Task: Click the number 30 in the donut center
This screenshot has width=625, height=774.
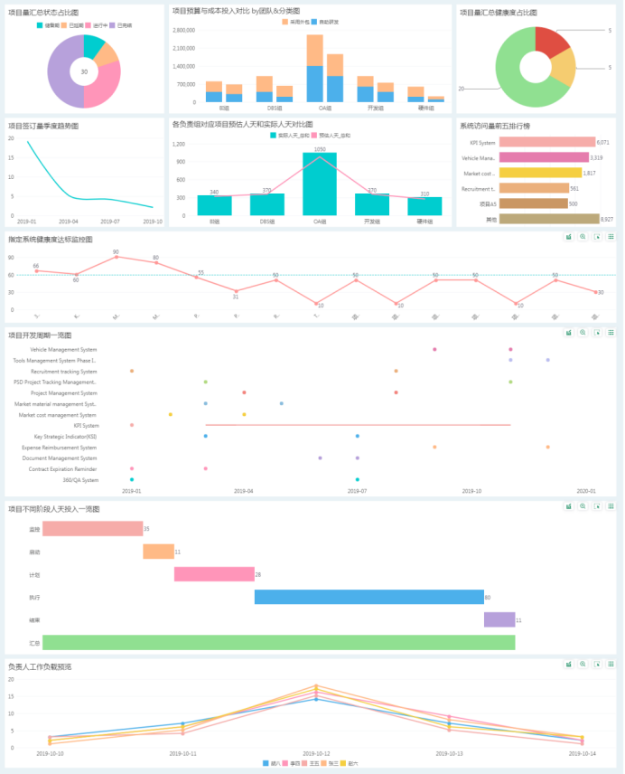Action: [x=84, y=71]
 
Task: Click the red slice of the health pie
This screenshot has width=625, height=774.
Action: [x=552, y=42]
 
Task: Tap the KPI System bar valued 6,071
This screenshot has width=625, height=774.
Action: [x=546, y=142]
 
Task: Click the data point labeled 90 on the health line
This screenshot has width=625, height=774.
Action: [x=116, y=258]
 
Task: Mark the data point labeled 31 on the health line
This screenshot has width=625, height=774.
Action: [x=236, y=291]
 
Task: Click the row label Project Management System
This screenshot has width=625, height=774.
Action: [x=64, y=393]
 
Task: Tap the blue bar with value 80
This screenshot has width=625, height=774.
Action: [x=368, y=597]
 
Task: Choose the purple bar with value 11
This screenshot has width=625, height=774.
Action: [x=499, y=619]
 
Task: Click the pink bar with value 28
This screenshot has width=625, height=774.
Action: [x=213, y=574]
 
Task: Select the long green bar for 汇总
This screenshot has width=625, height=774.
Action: [x=278, y=642]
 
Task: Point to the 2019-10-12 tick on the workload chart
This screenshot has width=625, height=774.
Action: [x=316, y=752]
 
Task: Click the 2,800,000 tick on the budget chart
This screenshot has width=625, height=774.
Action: [x=183, y=30]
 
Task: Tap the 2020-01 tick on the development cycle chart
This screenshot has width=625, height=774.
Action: [x=587, y=491]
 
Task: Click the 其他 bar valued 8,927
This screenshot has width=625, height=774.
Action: [x=549, y=219]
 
